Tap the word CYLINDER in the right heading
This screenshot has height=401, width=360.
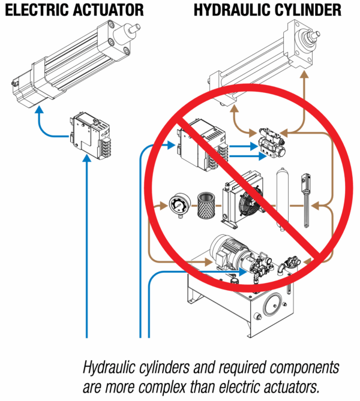(310, 10)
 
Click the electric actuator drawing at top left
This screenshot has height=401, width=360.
(72, 60)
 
